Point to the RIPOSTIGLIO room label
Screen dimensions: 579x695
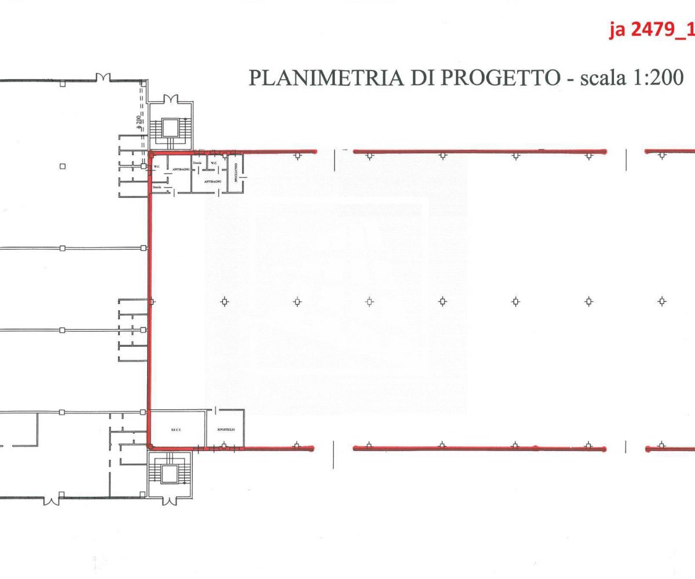[225, 430]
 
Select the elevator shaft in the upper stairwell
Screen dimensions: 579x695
[171, 127]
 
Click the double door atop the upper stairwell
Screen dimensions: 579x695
[171, 99]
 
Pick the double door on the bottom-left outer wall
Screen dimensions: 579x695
[52, 499]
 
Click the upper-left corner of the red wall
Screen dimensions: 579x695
[150, 153]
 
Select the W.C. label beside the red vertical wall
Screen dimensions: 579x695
[156, 167]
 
